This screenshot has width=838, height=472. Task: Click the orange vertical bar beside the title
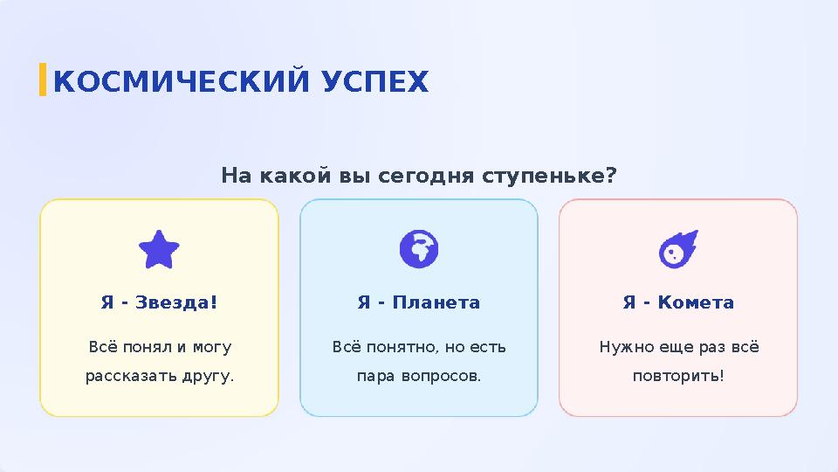(x=43, y=79)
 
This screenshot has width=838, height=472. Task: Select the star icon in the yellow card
(x=160, y=250)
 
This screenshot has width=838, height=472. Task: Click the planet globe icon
(x=419, y=249)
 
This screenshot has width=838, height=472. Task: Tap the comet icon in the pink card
(x=677, y=249)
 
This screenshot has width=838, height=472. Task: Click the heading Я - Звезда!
(x=159, y=302)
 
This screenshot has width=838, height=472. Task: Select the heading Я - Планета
(x=419, y=302)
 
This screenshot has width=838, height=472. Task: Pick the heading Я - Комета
(x=678, y=302)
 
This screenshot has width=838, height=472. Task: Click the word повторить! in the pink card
(x=678, y=377)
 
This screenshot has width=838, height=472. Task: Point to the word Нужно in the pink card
(x=619, y=347)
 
